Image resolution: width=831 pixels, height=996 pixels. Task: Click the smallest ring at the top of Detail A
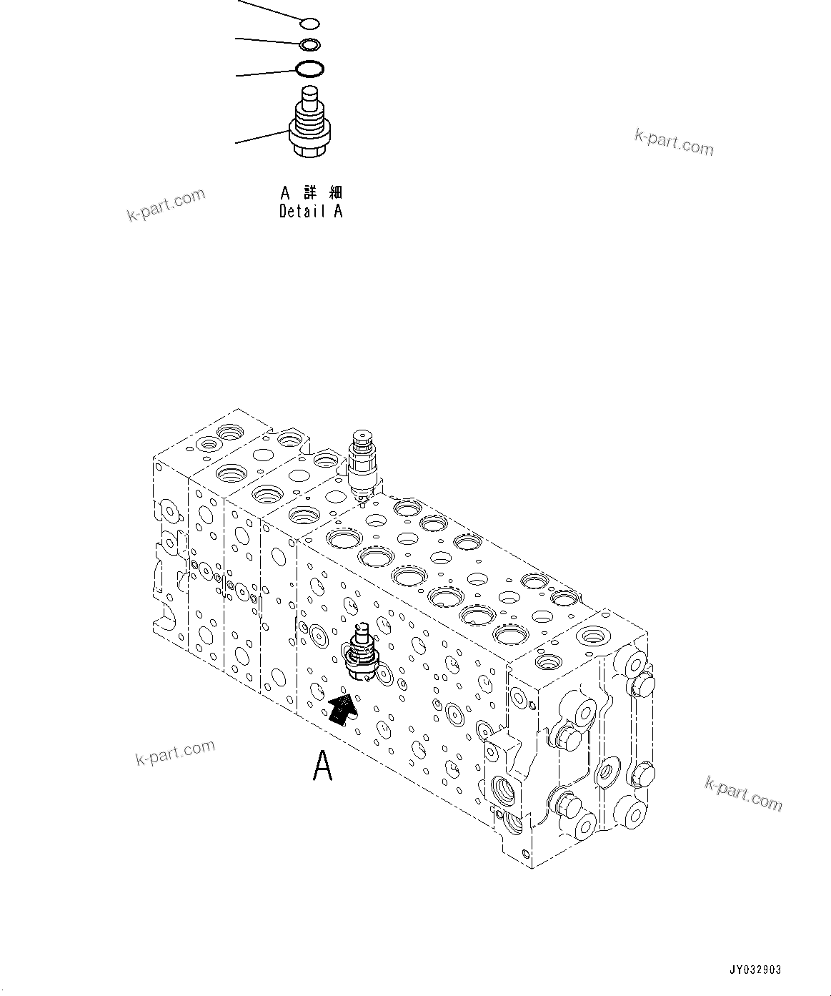[310, 24]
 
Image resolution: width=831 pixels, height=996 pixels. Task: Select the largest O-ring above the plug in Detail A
[310, 69]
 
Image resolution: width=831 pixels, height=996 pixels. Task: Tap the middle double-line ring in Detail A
[310, 45]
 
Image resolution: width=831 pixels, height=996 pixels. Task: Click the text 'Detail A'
[311, 212]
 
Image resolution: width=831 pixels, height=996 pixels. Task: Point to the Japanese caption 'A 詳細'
[311, 192]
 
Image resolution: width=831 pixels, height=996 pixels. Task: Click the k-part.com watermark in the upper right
[674, 142]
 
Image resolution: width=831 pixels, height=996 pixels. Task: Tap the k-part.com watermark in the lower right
[743, 794]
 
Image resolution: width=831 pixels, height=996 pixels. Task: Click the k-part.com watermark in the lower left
[175, 752]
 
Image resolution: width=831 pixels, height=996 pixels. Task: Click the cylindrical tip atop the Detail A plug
[310, 96]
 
